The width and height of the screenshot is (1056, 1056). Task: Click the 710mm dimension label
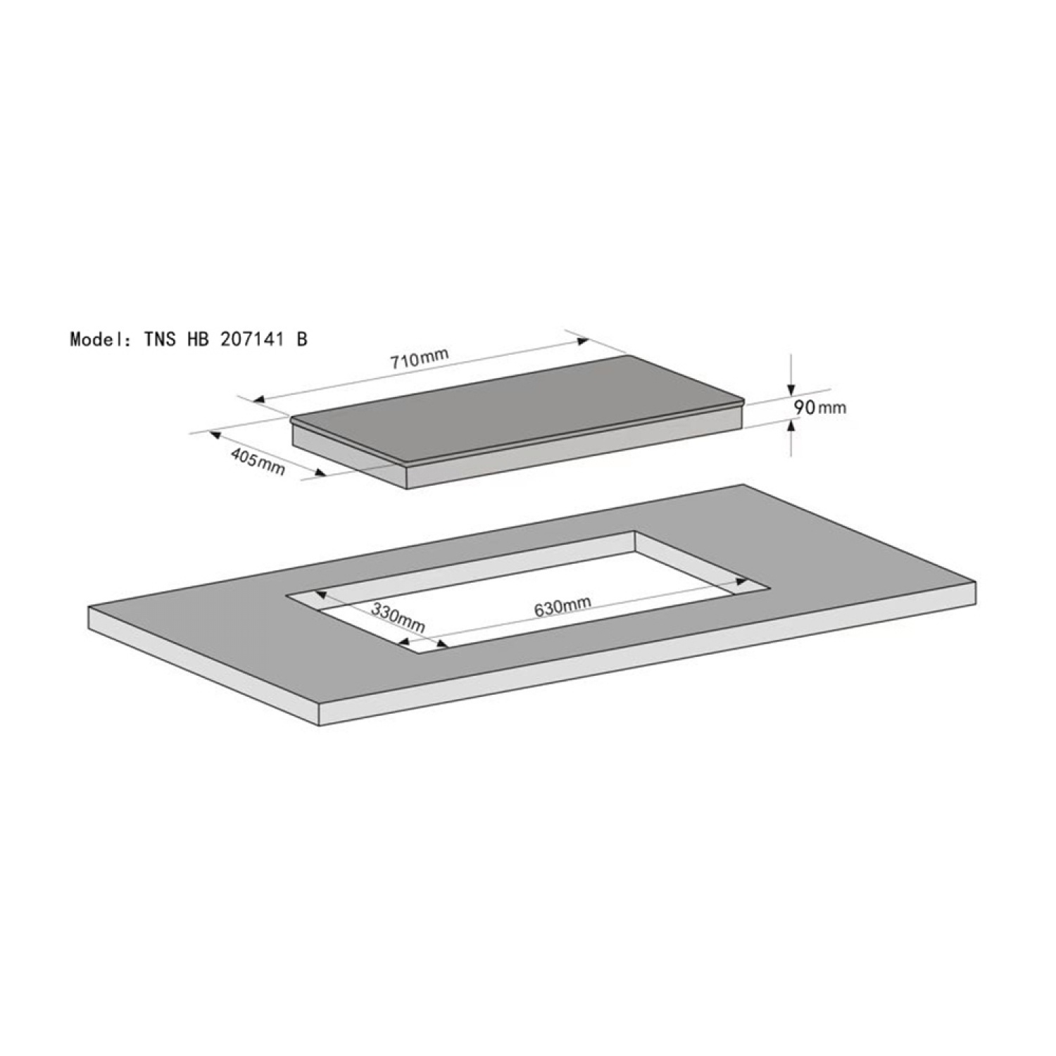(x=420, y=358)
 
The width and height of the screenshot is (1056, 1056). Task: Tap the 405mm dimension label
(x=258, y=461)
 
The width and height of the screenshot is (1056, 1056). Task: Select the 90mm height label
(x=819, y=407)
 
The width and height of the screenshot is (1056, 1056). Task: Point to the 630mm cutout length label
(x=562, y=605)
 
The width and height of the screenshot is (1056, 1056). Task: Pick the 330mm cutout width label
(x=398, y=617)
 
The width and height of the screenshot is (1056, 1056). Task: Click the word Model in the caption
(x=95, y=339)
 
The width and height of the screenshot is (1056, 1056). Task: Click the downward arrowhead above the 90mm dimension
(x=791, y=388)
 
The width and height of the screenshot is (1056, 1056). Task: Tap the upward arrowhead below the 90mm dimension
(x=791, y=425)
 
